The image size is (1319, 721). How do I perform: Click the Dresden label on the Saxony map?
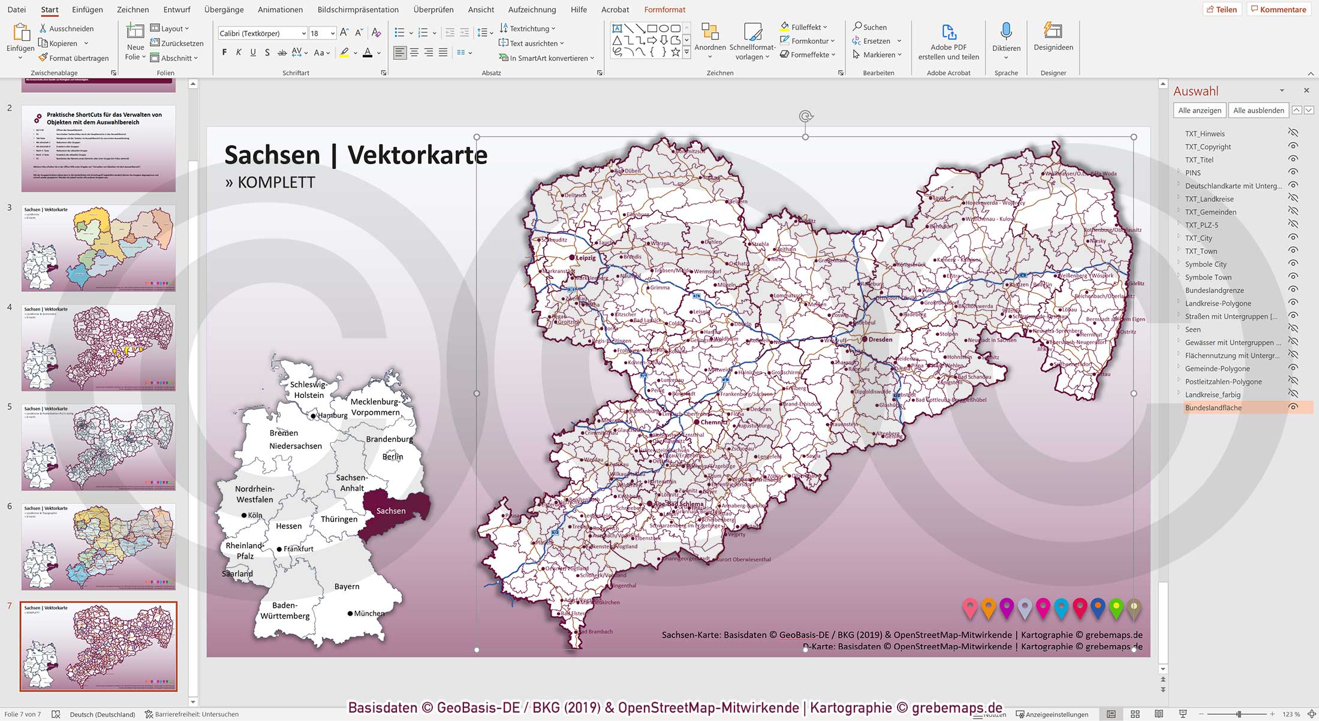[x=880, y=340]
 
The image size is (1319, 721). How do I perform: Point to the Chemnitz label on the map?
[x=713, y=422]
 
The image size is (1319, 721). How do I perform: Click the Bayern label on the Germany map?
[x=347, y=586]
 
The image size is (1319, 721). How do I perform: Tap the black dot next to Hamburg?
[x=313, y=416]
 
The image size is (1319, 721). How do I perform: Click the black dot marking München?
[x=350, y=613]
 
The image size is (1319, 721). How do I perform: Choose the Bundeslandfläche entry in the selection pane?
[x=1213, y=408]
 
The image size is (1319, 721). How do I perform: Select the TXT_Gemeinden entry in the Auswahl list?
[x=1210, y=212]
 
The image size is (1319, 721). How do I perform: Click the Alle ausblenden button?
[x=1258, y=110]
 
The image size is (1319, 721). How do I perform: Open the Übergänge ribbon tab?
[x=224, y=10]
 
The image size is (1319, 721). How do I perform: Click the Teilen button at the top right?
[x=1221, y=10]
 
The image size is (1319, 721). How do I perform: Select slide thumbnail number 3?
[x=98, y=248]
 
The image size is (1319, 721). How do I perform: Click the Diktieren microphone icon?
[x=1006, y=31]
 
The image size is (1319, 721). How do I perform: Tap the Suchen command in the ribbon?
[x=870, y=27]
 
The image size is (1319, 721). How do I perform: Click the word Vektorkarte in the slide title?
[x=417, y=155]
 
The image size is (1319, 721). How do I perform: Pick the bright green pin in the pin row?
[x=1116, y=608]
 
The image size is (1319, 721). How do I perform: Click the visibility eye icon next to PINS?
[x=1293, y=173]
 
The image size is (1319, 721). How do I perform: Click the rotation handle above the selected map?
[x=805, y=116]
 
